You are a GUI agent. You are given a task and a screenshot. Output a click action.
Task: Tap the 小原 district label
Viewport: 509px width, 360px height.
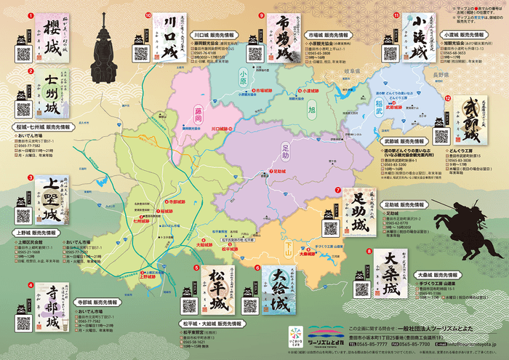pyautogui.click(x=242, y=73)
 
